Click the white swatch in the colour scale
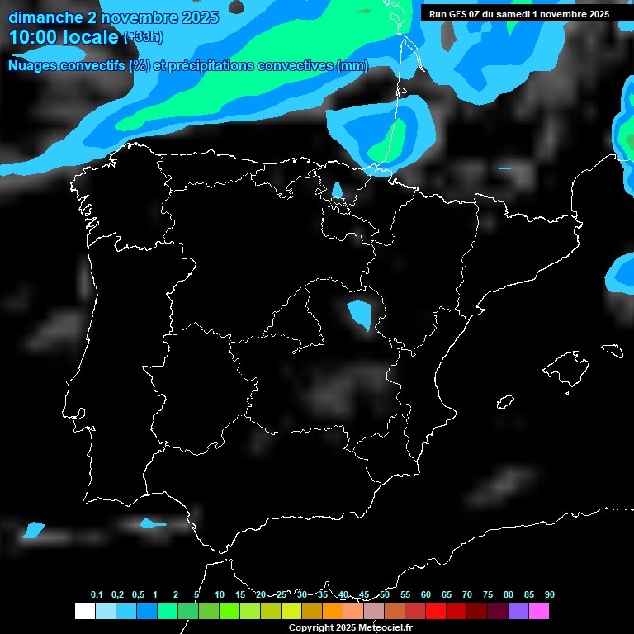(x=84, y=611)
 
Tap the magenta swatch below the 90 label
(x=539, y=611)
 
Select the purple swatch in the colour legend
(x=518, y=611)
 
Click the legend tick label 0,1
(x=97, y=595)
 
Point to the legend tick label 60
(x=426, y=595)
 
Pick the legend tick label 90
(x=549, y=595)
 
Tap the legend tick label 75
(x=488, y=595)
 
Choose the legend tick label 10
(x=220, y=595)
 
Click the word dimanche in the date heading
(x=40, y=17)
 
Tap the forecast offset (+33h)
(x=143, y=37)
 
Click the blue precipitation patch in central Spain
(x=360, y=315)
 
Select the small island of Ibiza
(x=505, y=402)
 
